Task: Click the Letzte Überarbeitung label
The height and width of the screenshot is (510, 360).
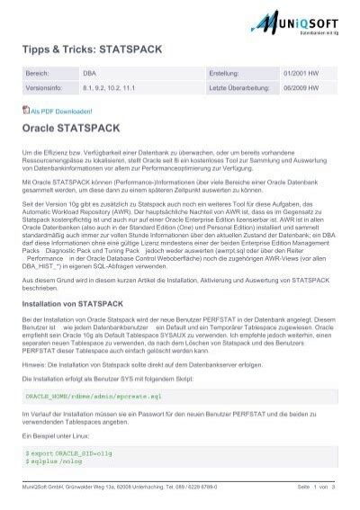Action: pyautogui.click(x=238, y=113)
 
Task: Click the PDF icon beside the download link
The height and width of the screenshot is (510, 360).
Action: pyautogui.click(x=25, y=135)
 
